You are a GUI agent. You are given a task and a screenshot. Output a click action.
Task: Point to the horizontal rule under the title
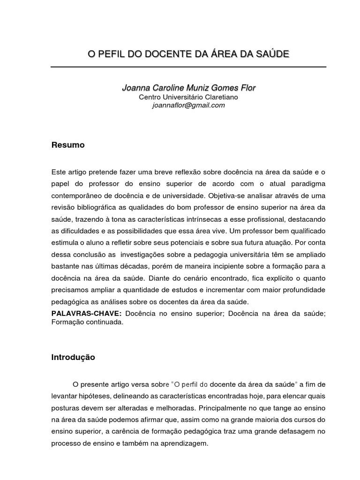click(188, 67)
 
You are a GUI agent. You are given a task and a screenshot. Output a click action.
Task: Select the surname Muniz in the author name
click(193, 88)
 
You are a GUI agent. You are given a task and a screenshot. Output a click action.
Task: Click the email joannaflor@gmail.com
click(188, 105)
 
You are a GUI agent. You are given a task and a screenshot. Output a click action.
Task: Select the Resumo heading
click(68, 145)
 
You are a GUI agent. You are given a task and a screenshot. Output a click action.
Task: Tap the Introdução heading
click(73, 357)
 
